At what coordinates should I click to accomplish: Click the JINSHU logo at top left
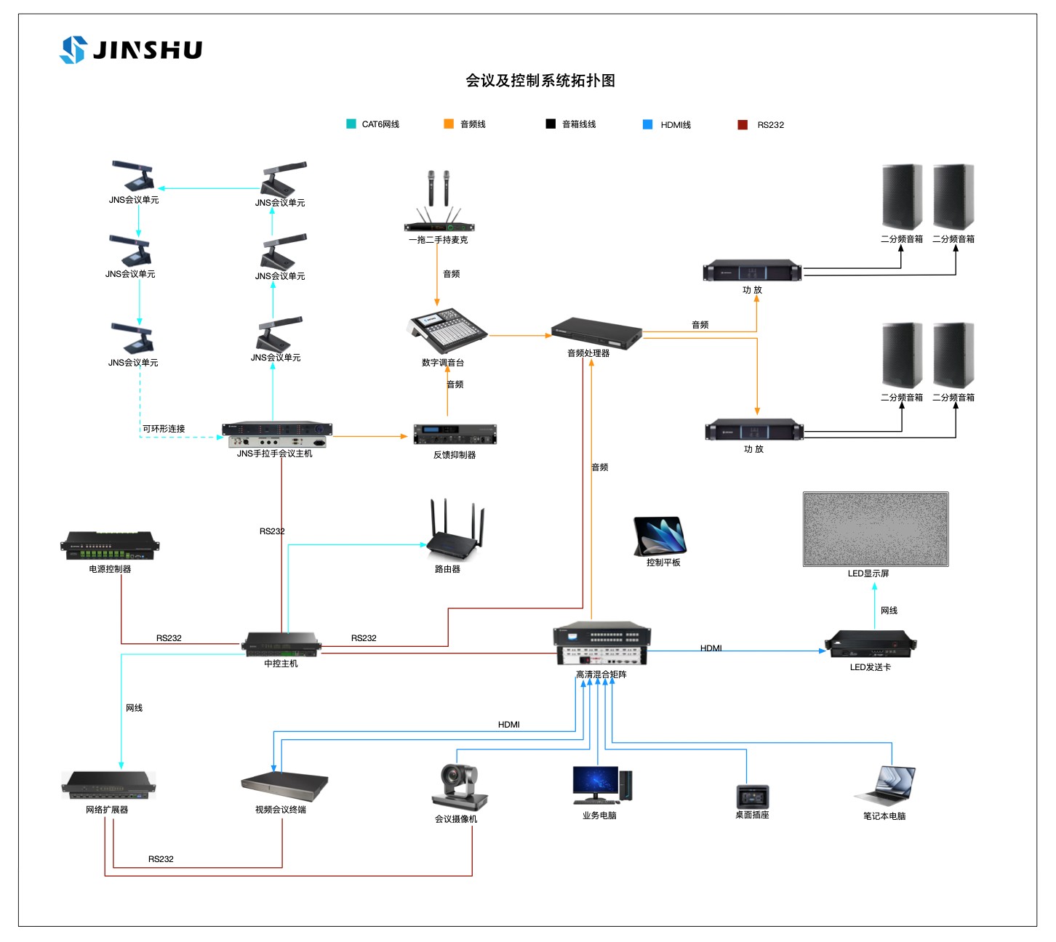pos(131,49)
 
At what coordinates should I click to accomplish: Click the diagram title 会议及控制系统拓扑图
pos(540,81)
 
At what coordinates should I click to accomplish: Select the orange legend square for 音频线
pos(449,124)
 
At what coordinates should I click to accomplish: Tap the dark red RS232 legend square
pos(743,125)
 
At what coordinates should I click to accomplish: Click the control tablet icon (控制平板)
pos(660,535)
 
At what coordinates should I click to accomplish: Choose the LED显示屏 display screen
pos(876,528)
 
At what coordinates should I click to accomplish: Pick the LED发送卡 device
pos(871,643)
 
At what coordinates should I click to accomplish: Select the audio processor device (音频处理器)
pos(596,332)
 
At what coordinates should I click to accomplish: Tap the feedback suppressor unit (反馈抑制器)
pos(455,435)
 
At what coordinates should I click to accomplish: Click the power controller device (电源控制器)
pos(110,546)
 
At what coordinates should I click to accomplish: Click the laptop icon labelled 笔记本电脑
pos(887,785)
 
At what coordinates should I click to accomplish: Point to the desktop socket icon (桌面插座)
pos(753,795)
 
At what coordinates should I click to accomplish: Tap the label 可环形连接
pos(164,429)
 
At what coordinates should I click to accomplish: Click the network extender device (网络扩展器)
pos(108,785)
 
